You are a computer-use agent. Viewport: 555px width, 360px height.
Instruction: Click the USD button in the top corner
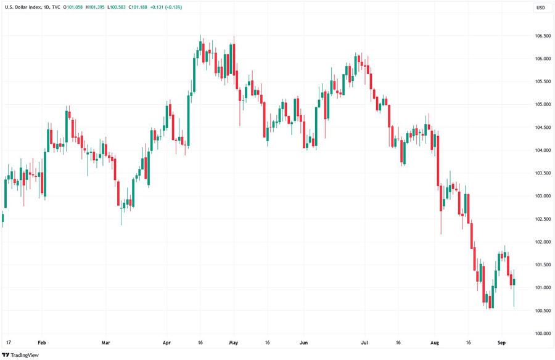(541, 7)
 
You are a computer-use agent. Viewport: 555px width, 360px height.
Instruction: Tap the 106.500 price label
(543, 36)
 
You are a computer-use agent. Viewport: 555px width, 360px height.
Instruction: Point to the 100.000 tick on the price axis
(543, 333)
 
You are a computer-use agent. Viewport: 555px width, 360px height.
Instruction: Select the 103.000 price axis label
(543, 196)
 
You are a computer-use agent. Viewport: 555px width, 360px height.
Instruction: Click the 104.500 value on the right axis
(543, 128)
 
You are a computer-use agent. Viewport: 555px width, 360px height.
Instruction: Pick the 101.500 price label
(543, 265)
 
